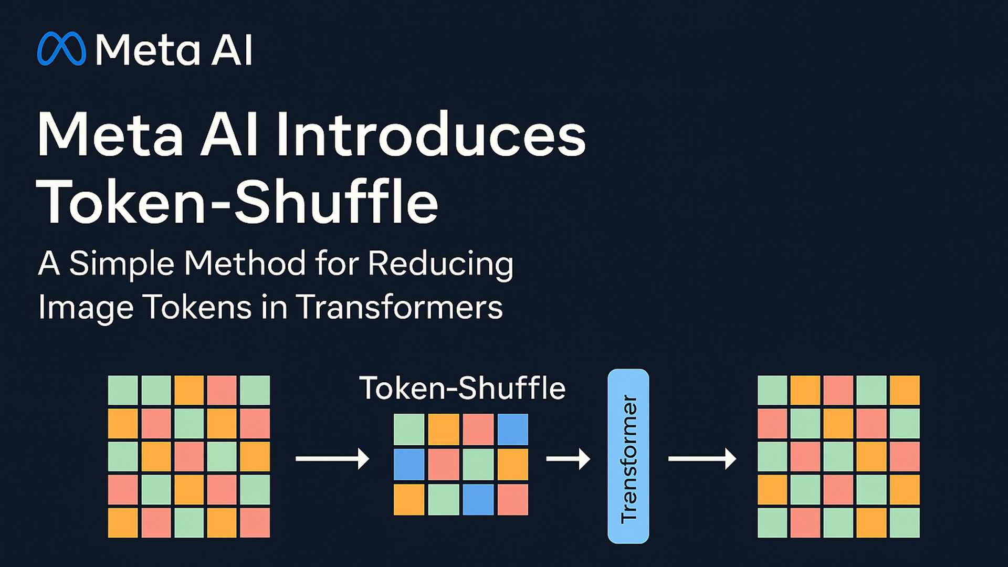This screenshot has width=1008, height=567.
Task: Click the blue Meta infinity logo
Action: (61, 49)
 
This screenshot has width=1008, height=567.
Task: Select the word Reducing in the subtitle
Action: (440, 263)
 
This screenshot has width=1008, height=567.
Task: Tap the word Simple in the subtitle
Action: (121, 263)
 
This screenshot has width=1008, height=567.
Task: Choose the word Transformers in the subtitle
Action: (399, 307)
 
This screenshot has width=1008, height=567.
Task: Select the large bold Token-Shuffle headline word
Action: (237, 202)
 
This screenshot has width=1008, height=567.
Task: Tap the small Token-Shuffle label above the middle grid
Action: (462, 388)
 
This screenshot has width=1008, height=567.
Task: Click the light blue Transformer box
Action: (628, 456)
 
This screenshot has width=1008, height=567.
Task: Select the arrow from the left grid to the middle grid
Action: (332, 458)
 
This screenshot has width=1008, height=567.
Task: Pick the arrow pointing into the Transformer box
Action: (568, 458)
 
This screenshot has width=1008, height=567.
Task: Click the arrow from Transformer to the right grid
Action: (701, 458)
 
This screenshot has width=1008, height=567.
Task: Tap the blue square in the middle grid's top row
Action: (513, 429)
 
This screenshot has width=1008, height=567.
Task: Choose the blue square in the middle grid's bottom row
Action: (478, 499)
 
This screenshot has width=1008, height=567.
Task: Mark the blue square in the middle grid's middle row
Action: (409, 464)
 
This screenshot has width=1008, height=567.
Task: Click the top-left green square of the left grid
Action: (123, 390)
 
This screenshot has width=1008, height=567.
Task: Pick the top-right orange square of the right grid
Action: (905, 390)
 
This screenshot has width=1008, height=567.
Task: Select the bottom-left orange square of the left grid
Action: (123, 522)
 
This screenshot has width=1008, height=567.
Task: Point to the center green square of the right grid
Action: (838, 456)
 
